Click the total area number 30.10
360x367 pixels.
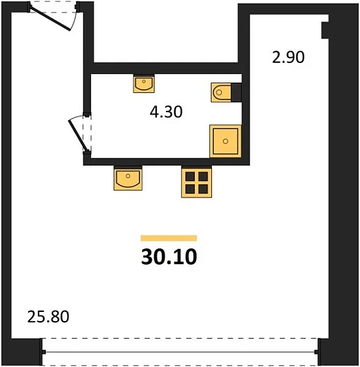click(x=169, y=257)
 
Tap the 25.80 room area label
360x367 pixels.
click(x=49, y=317)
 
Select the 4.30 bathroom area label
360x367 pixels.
click(x=166, y=111)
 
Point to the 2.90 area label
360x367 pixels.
click(x=288, y=57)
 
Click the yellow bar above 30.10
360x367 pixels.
click(x=169, y=238)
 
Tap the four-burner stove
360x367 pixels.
click(x=197, y=183)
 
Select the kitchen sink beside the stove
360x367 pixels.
click(x=128, y=179)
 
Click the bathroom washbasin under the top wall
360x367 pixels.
click(x=144, y=85)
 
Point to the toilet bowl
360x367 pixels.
click(x=221, y=92)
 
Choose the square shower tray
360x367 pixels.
click(x=226, y=141)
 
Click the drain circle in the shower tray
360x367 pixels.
click(x=226, y=141)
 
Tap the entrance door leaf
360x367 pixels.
click(x=50, y=19)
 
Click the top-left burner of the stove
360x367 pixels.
click(x=190, y=176)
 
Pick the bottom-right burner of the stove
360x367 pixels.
click(x=203, y=189)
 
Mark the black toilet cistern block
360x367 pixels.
click(x=236, y=92)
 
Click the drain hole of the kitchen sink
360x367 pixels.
click(x=128, y=176)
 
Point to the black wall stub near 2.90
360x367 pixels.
click(x=325, y=30)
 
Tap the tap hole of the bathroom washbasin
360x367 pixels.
click(x=144, y=81)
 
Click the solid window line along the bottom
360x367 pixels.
click(x=180, y=352)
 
